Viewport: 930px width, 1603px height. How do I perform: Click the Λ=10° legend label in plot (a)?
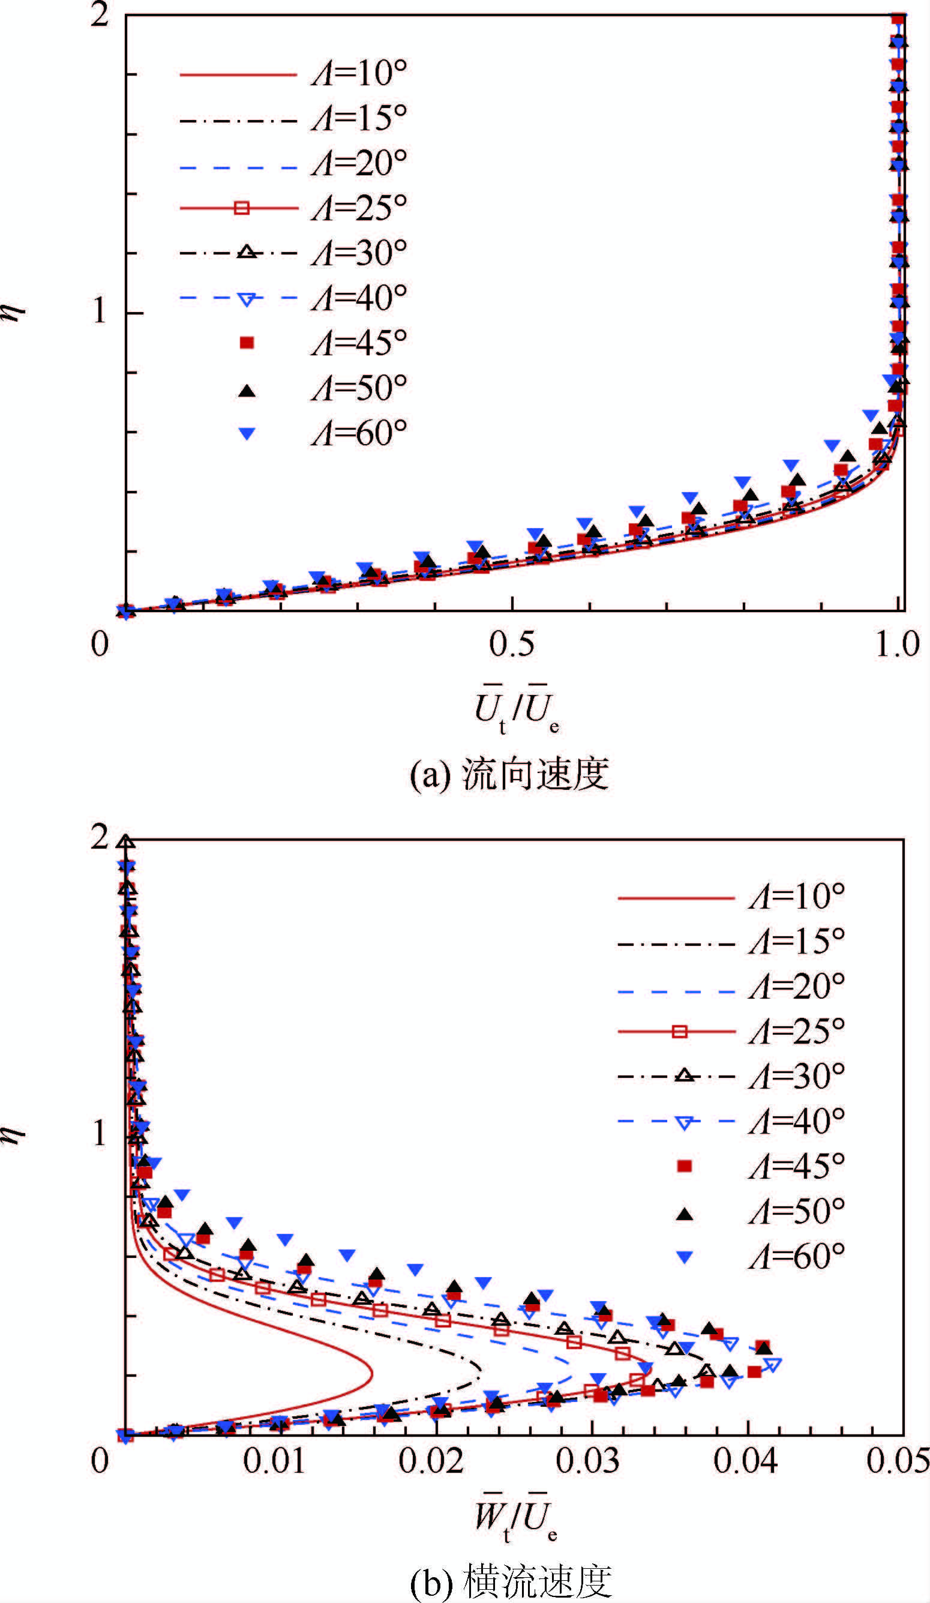click(x=359, y=74)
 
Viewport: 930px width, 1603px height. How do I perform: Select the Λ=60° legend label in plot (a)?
click(x=359, y=434)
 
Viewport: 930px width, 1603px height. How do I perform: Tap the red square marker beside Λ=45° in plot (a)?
click(x=246, y=343)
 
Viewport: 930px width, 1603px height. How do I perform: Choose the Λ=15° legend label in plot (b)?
click(x=796, y=942)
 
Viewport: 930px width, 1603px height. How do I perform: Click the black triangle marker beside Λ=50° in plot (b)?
click(x=685, y=1214)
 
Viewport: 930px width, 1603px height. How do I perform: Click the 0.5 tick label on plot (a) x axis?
click(x=511, y=645)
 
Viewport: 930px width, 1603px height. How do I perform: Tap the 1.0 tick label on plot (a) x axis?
click(x=897, y=645)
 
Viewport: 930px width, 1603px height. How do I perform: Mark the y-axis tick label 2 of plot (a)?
click(x=100, y=14)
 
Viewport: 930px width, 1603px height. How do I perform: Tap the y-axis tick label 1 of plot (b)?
click(x=100, y=1133)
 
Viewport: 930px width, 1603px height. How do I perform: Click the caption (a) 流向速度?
click(x=509, y=775)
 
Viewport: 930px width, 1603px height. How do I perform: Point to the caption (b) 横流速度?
click(x=511, y=1583)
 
